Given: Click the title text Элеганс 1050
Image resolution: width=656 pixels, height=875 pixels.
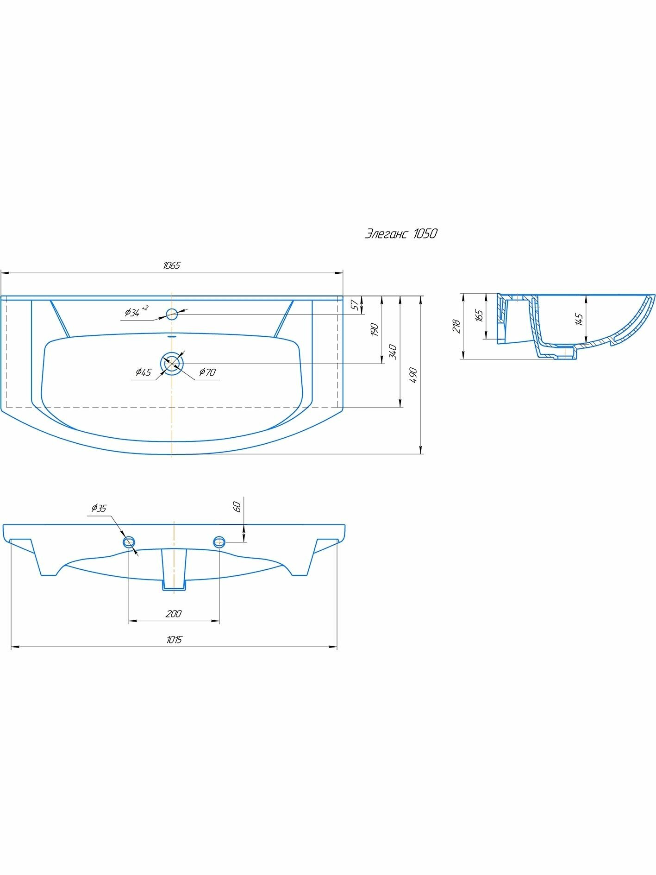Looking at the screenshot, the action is coord(401,233).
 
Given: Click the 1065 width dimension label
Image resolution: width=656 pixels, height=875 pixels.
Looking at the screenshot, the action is coord(171,265).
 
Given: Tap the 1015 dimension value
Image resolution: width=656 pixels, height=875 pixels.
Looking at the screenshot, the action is coord(174,640).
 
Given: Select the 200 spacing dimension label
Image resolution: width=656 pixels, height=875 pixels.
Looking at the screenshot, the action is coord(174,614).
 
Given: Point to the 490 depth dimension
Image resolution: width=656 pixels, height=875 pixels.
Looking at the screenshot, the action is coord(413,375).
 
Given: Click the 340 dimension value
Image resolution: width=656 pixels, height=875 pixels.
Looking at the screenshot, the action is coord(393,352).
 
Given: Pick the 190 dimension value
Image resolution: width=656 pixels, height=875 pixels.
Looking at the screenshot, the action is coord(375,329).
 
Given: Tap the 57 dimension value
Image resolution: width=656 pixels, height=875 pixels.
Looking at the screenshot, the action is coord(354,304).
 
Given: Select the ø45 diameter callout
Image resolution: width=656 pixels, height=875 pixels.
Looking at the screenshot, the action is coord(144,372).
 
